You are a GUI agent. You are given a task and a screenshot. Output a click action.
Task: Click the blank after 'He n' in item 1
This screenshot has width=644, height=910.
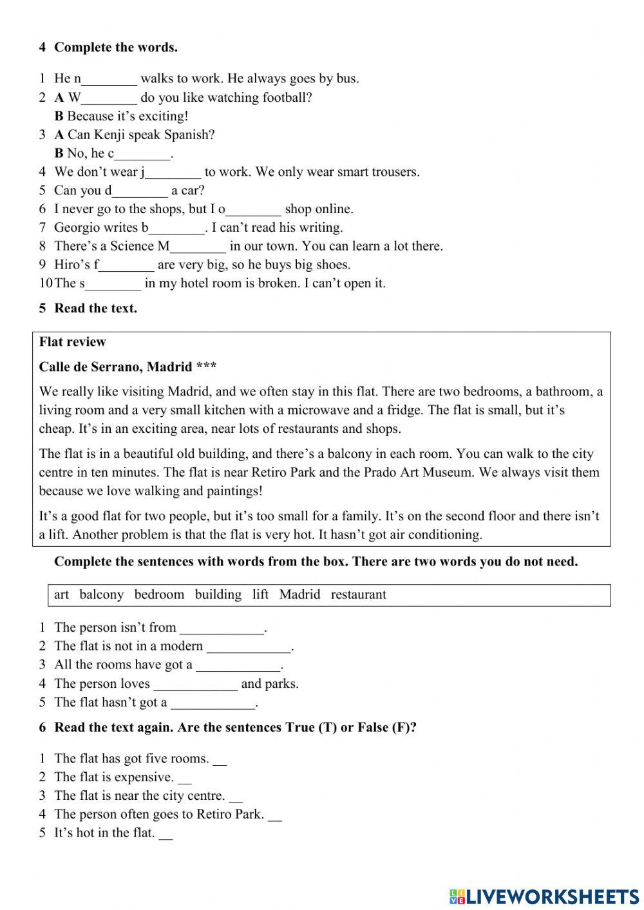[109, 80]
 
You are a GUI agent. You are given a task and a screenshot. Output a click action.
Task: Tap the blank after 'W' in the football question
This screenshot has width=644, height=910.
[109, 99]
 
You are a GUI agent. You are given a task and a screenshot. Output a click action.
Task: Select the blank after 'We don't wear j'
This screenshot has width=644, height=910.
[173, 173]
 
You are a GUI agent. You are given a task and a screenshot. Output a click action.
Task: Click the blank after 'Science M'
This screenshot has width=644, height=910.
[198, 247]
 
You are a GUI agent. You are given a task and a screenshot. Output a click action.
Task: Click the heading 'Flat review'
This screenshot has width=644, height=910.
[72, 342]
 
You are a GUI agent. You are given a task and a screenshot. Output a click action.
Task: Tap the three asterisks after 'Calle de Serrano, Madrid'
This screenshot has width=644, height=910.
[206, 367]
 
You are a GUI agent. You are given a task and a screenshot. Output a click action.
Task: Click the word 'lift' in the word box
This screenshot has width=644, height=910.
[260, 594]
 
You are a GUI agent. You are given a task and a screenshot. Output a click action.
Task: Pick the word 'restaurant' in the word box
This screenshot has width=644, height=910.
[358, 594]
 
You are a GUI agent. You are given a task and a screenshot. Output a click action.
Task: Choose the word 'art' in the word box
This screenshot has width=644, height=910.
[61, 594]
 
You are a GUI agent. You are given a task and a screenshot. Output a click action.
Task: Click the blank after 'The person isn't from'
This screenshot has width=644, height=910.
[222, 629]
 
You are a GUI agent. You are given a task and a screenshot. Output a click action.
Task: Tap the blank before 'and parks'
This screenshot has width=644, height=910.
[195, 685]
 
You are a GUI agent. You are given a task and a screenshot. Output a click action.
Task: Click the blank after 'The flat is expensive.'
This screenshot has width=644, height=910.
[185, 778]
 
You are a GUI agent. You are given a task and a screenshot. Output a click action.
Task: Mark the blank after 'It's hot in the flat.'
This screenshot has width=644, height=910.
[166, 834]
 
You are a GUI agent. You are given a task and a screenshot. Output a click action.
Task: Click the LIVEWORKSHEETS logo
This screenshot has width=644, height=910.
[544, 896]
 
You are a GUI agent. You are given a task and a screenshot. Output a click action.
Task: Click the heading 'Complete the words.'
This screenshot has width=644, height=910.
[116, 47]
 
